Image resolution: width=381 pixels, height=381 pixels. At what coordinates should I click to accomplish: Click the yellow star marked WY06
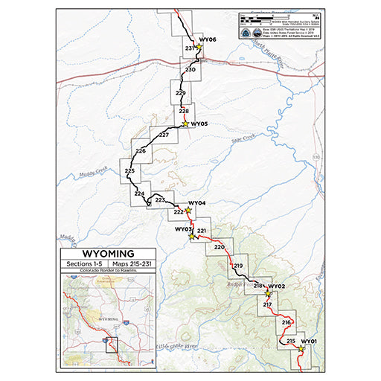click(199, 47)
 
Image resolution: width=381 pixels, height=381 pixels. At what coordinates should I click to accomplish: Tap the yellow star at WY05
click(185, 124)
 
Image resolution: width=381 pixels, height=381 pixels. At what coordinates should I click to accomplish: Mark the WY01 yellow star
click(301, 348)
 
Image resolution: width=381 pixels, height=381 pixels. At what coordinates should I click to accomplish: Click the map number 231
click(190, 49)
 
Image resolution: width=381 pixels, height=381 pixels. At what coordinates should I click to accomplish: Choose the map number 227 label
click(164, 135)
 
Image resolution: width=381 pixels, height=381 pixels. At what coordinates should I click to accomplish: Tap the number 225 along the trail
click(129, 172)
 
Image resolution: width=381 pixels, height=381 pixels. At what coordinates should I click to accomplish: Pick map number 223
click(159, 200)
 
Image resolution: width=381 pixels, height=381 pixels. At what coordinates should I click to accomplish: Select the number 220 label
click(219, 246)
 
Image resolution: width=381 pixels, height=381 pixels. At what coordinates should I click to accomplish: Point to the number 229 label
click(180, 93)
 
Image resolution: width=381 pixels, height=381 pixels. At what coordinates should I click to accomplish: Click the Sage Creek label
click(243, 137)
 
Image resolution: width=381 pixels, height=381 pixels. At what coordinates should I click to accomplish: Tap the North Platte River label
click(269, 55)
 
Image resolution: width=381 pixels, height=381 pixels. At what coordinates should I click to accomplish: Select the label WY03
click(183, 229)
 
